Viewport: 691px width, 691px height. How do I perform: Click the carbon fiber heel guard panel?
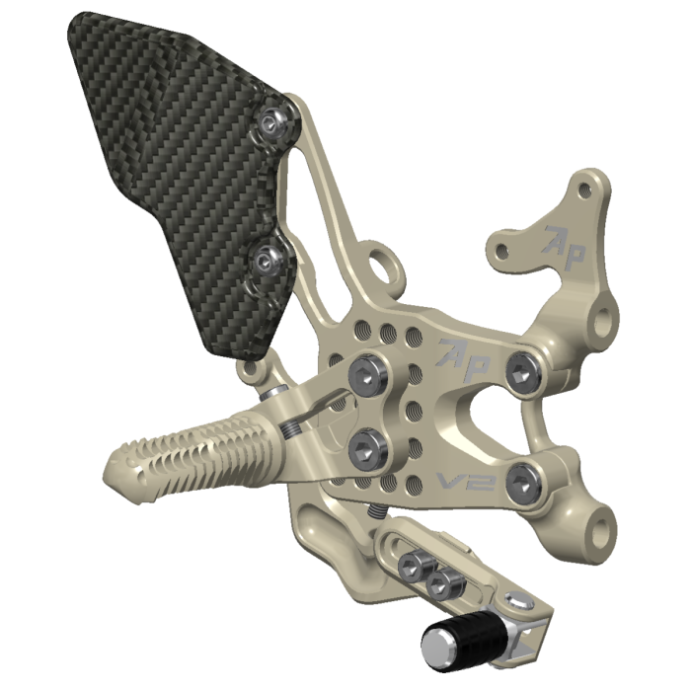168,168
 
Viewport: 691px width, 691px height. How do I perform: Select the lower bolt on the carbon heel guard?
266,261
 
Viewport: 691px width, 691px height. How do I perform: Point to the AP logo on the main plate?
463,356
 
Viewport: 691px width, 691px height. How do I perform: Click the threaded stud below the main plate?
377,513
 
